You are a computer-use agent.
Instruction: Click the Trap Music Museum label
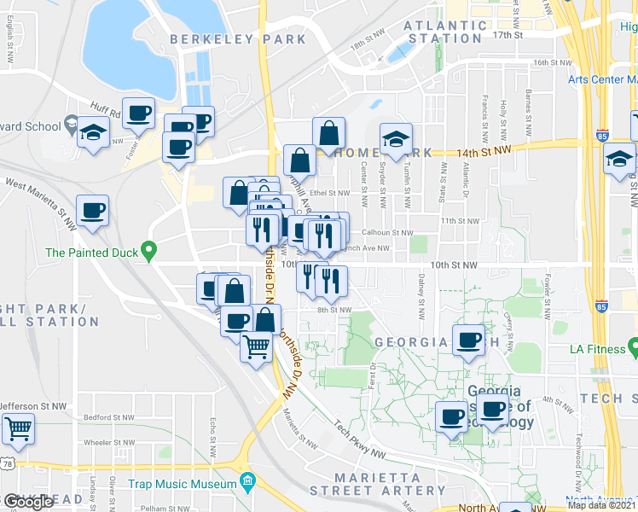[x=182, y=485]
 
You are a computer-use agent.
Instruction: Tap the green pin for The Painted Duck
[x=150, y=252]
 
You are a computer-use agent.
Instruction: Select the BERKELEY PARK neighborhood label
[x=237, y=39]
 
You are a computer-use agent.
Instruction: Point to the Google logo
[x=28, y=503]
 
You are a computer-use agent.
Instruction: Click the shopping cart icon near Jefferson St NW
[x=18, y=429]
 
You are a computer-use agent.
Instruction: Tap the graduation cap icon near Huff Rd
[x=93, y=132]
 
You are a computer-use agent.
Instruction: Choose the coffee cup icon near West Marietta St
[x=92, y=210]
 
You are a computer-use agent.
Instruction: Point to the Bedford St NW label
[x=109, y=418]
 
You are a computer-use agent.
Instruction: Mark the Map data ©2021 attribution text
[x=602, y=505]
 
